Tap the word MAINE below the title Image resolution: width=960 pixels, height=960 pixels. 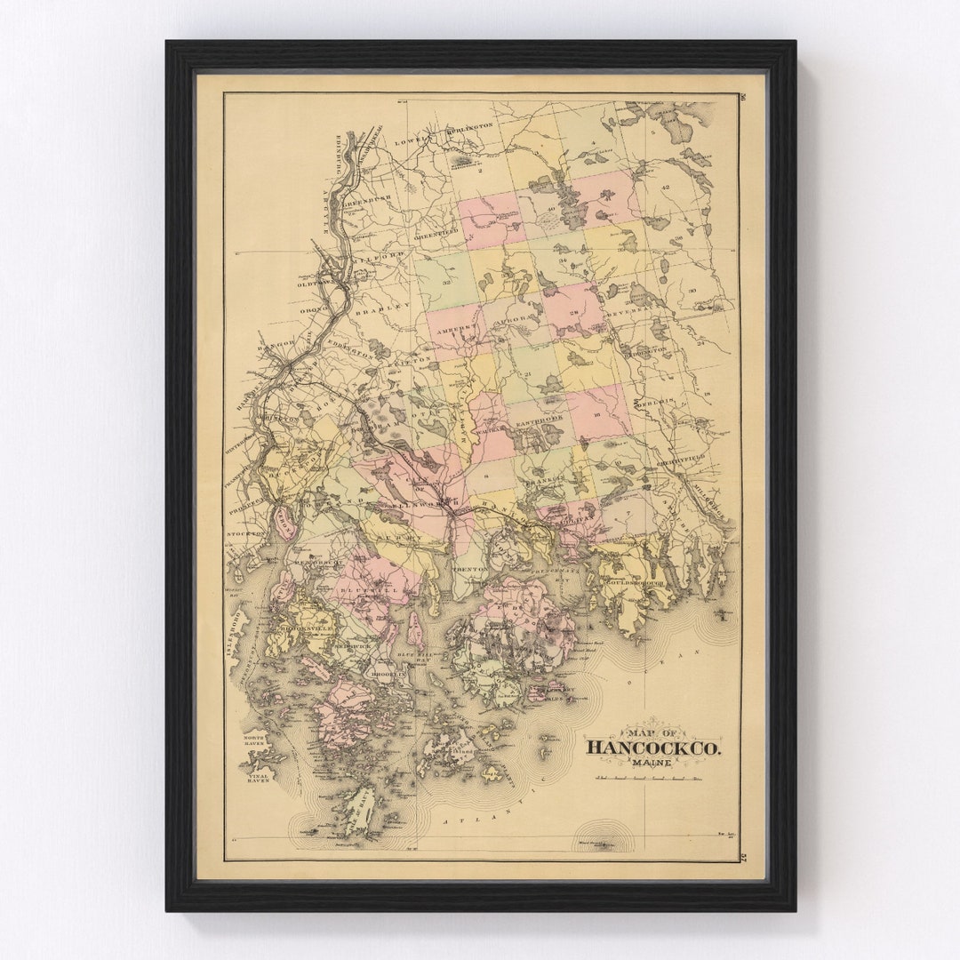pyautogui.click(x=652, y=762)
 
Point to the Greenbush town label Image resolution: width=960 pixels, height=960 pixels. pyautogui.click(x=364, y=201)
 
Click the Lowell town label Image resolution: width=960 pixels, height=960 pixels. pyautogui.click(x=417, y=138)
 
